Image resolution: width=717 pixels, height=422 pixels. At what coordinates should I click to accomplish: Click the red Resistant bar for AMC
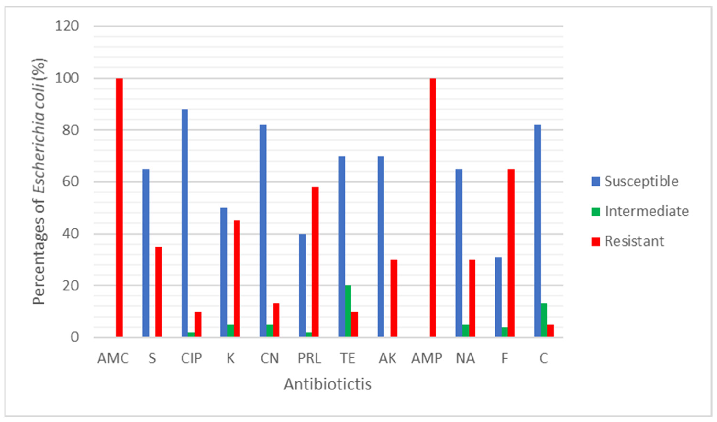click(119, 208)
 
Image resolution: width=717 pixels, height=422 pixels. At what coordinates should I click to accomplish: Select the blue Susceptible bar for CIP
click(185, 223)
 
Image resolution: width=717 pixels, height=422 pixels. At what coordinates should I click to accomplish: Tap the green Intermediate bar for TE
click(348, 311)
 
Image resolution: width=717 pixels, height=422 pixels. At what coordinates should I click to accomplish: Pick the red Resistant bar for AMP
click(433, 208)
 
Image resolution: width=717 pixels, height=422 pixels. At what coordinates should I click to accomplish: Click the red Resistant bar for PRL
click(315, 262)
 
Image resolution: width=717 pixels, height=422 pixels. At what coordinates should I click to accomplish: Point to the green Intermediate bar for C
click(544, 320)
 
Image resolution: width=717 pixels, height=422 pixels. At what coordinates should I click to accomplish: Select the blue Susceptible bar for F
click(498, 297)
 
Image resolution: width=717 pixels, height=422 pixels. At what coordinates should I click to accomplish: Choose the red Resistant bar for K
click(237, 279)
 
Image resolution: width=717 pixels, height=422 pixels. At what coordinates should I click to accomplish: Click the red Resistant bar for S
click(158, 292)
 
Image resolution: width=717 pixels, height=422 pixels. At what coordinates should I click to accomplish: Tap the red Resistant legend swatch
click(595, 241)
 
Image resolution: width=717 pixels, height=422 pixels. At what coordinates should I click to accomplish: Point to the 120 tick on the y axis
click(67, 26)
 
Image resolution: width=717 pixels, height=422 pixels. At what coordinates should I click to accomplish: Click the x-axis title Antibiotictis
click(328, 384)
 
